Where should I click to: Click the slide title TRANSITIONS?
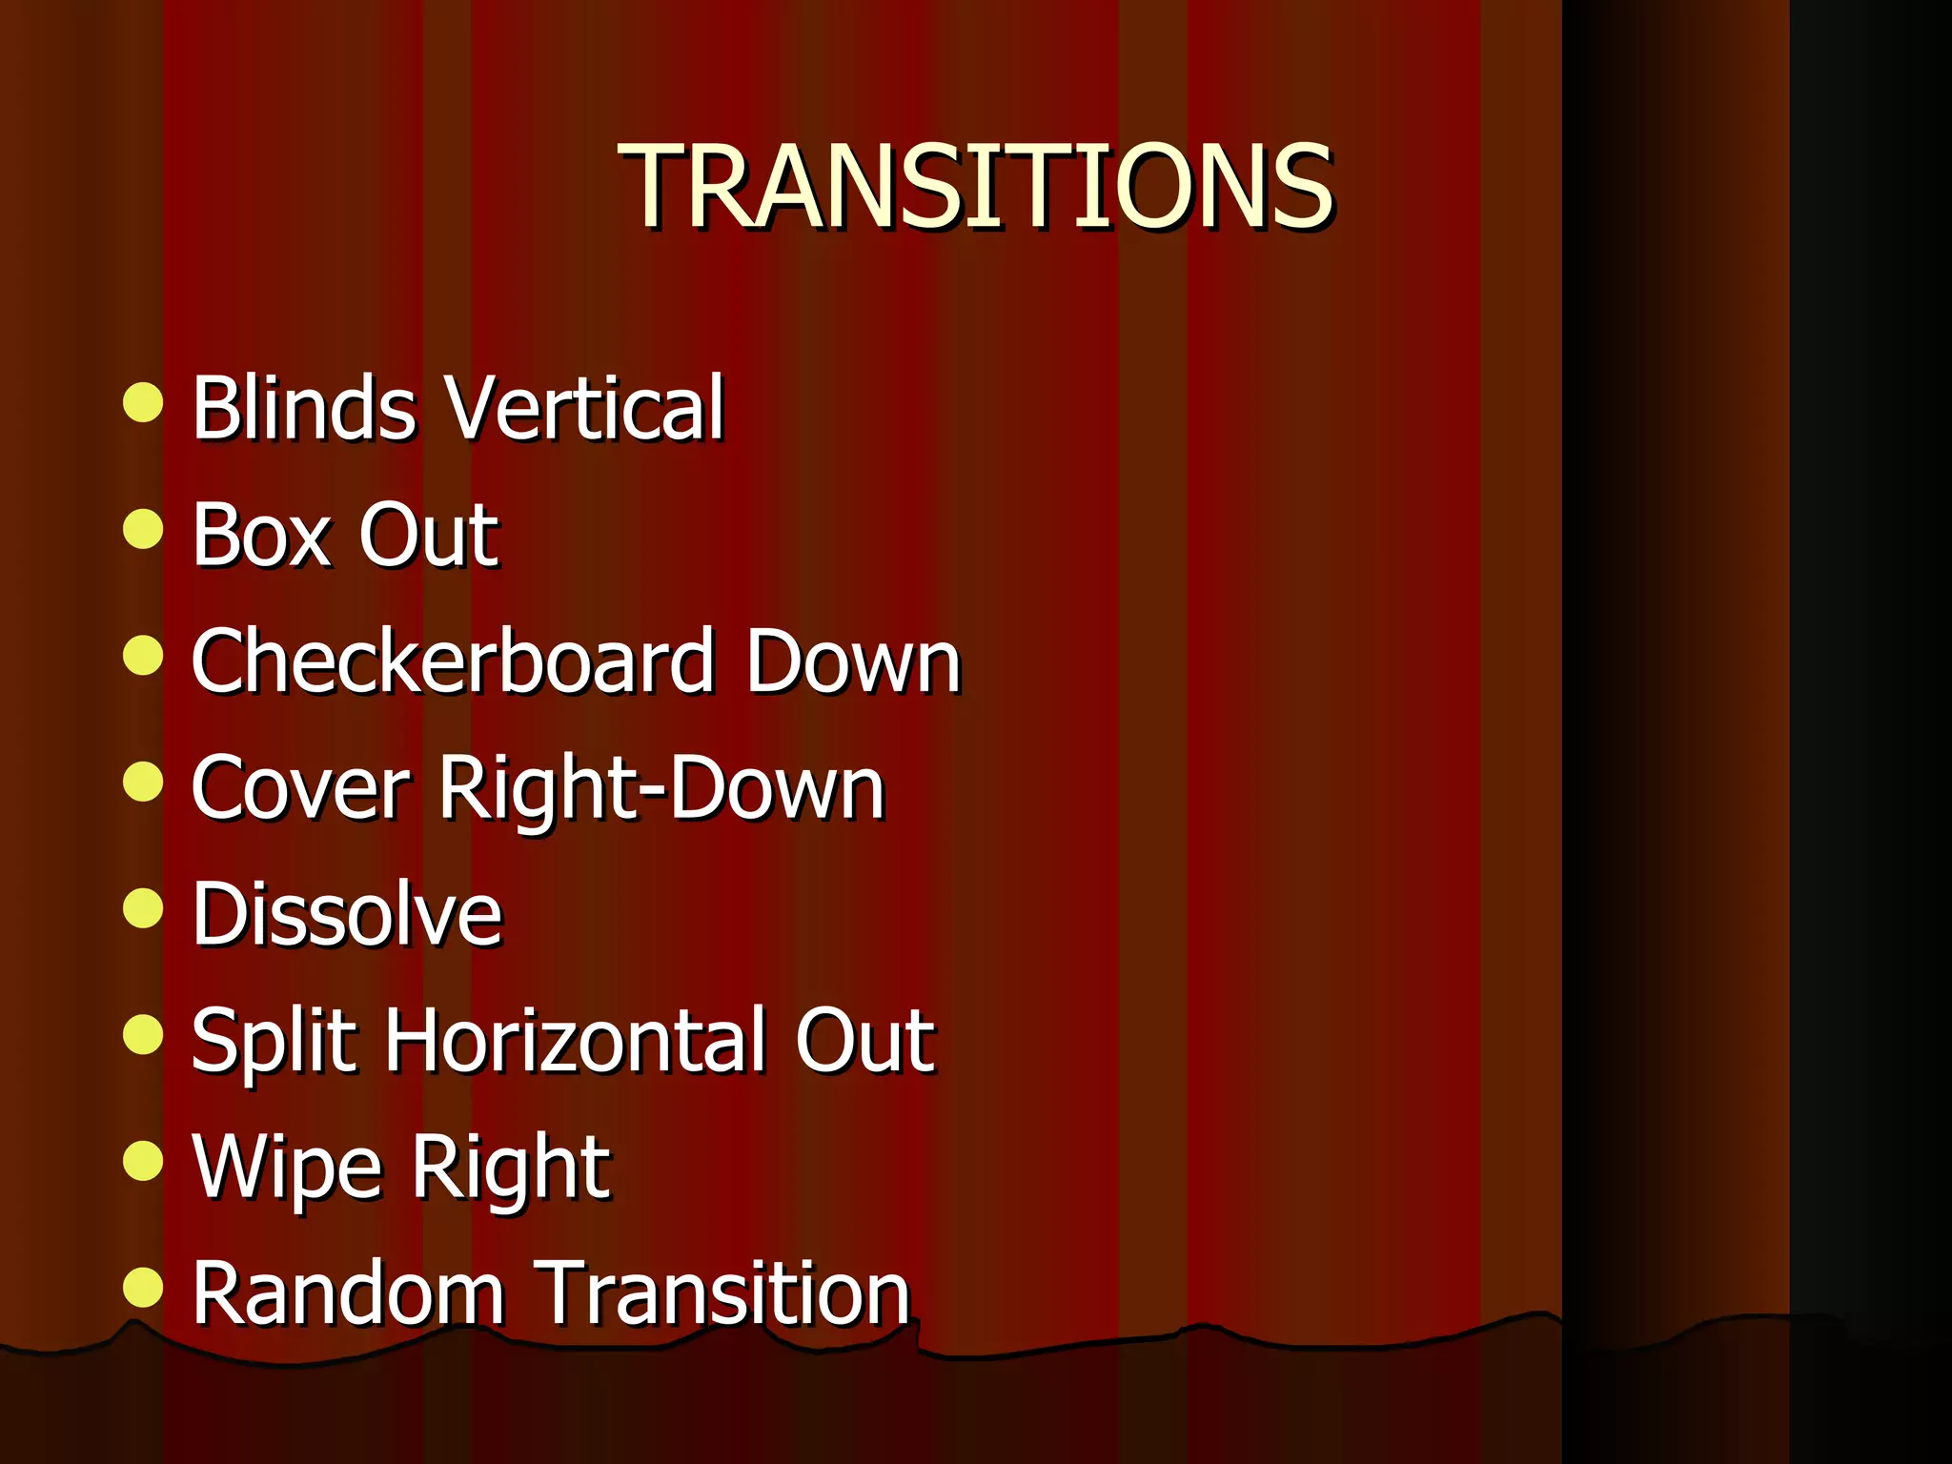click(x=975, y=186)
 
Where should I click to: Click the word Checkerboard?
click(x=453, y=661)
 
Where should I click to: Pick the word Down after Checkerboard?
click(x=852, y=661)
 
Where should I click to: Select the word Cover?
click(x=300, y=788)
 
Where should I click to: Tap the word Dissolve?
click(x=347, y=914)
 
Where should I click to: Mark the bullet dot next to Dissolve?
click(x=143, y=907)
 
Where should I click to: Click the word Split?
click(x=275, y=1043)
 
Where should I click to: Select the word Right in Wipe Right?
click(x=511, y=1169)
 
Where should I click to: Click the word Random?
click(x=348, y=1293)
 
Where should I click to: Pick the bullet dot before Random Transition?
click(x=143, y=1287)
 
